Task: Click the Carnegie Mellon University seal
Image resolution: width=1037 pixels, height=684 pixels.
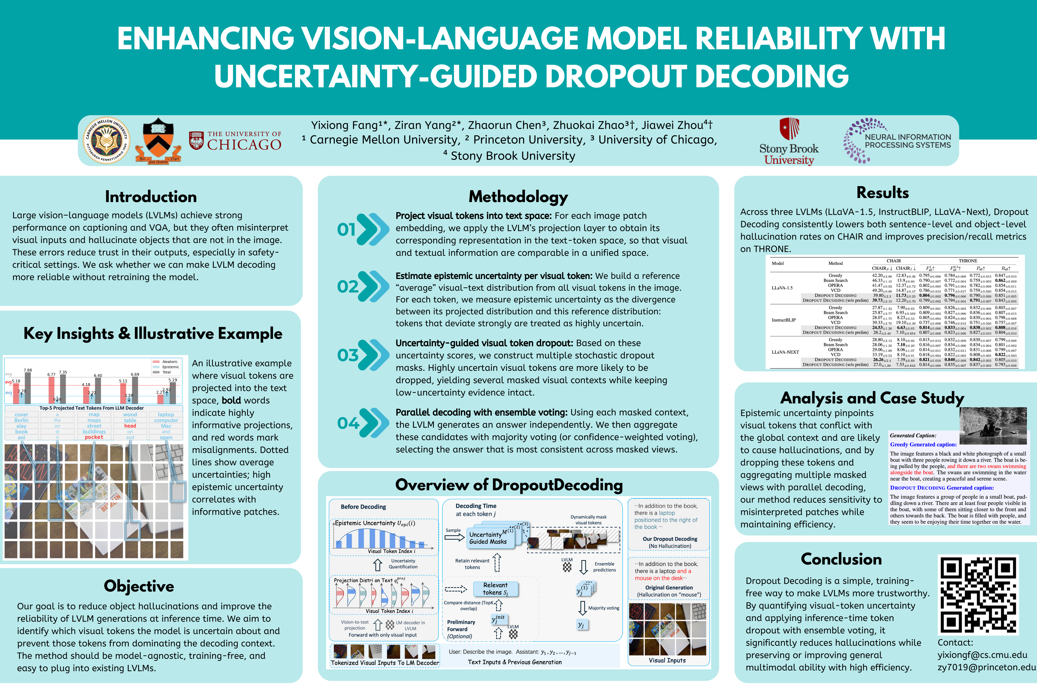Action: tap(106, 140)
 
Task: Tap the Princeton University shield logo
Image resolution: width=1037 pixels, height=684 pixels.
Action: tap(158, 140)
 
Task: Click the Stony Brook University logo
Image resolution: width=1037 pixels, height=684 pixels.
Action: tap(789, 142)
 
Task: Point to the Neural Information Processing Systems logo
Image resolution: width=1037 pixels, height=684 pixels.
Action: tap(897, 140)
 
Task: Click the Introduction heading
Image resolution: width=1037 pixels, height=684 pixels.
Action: tap(151, 197)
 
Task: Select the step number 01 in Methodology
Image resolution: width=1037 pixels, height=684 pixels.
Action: tap(346, 229)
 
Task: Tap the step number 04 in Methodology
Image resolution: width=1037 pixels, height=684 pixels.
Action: tap(348, 423)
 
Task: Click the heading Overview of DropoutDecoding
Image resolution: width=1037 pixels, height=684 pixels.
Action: tap(509, 485)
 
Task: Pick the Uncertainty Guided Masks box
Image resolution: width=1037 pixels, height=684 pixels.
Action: tap(488, 538)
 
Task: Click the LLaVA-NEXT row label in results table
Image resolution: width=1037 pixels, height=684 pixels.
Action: tap(785, 352)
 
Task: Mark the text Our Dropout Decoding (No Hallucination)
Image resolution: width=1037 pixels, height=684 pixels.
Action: tap(670, 542)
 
